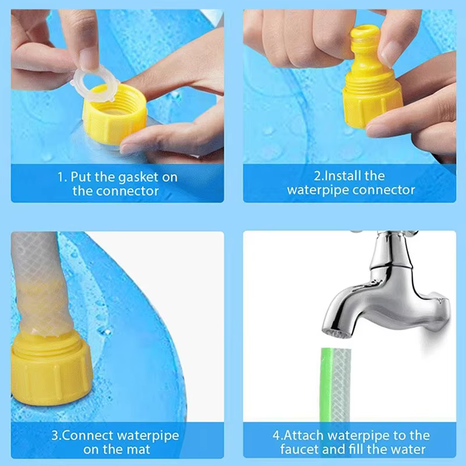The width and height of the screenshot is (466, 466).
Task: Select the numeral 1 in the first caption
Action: (60, 176)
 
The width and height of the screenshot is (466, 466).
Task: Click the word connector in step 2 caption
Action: (384, 190)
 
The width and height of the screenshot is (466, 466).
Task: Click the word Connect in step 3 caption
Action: (93, 435)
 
